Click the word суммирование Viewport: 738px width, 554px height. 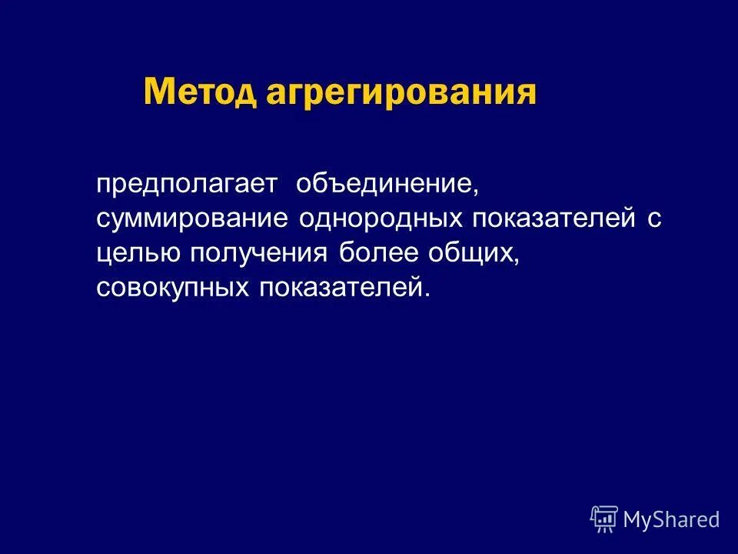[x=192, y=219]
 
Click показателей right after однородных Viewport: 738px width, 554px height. [x=553, y=219]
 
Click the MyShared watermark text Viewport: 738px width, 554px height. [x=671, y=519]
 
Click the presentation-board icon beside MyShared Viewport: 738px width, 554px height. [x=604, y=519]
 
